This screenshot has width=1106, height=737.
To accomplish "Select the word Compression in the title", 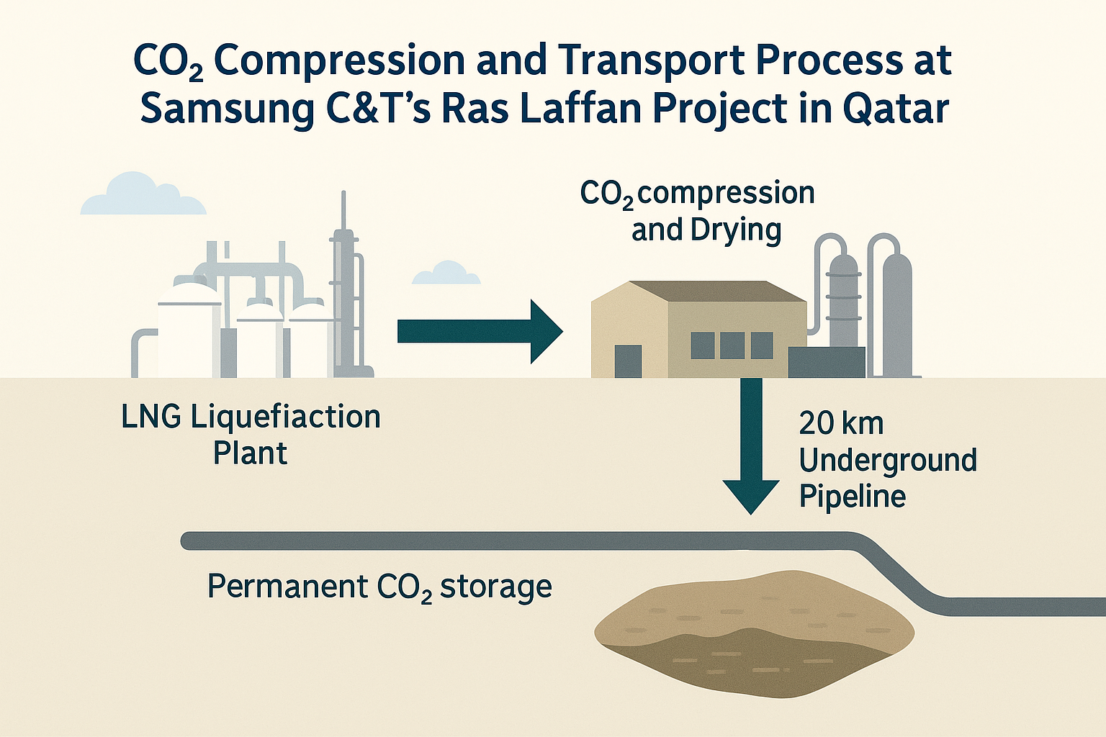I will pos(338,60).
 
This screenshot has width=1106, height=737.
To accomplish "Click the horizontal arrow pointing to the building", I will pos(479,331).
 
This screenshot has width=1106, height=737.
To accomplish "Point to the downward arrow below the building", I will pos(751,446).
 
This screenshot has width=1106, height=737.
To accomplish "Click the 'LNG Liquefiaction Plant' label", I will pos(251,435).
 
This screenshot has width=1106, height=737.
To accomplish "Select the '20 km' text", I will pos(841,423).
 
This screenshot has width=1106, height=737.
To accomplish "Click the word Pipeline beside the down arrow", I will pos(853,497).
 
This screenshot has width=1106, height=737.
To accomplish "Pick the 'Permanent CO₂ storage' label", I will pos(379,587).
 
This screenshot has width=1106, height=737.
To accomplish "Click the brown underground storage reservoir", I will pos(753,633).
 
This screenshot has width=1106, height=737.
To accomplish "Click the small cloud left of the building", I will pos(446,273).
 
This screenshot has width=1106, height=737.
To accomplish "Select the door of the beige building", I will pos(628,361).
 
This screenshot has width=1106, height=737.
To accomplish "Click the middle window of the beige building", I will pos(732,345).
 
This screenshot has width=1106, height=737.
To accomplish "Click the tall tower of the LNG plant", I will pos(344,288).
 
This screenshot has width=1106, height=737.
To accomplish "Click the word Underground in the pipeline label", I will pos(888,461).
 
